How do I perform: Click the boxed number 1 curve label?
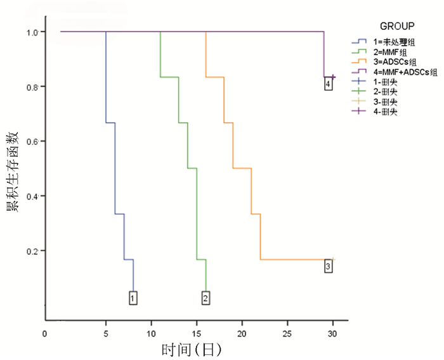[x=133, y=297]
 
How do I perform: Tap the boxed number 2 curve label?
[x=206, y=297]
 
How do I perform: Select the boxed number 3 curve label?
[x=328, y=266]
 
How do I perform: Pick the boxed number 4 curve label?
[x=328, y=84]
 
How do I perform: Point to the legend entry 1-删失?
[x=385, y=81]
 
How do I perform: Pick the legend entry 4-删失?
[x=385, y=112]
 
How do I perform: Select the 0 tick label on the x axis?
[x=45, y=334]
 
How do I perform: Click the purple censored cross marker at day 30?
[x=332, y=77]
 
